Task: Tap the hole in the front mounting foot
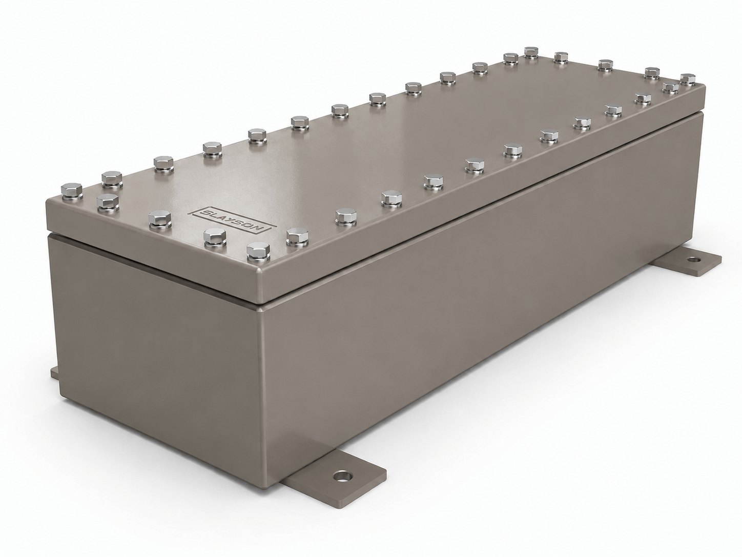(342, 477)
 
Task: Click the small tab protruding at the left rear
(54, 373)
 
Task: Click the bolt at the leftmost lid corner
(71, 191)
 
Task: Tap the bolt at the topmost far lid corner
(531, 53)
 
